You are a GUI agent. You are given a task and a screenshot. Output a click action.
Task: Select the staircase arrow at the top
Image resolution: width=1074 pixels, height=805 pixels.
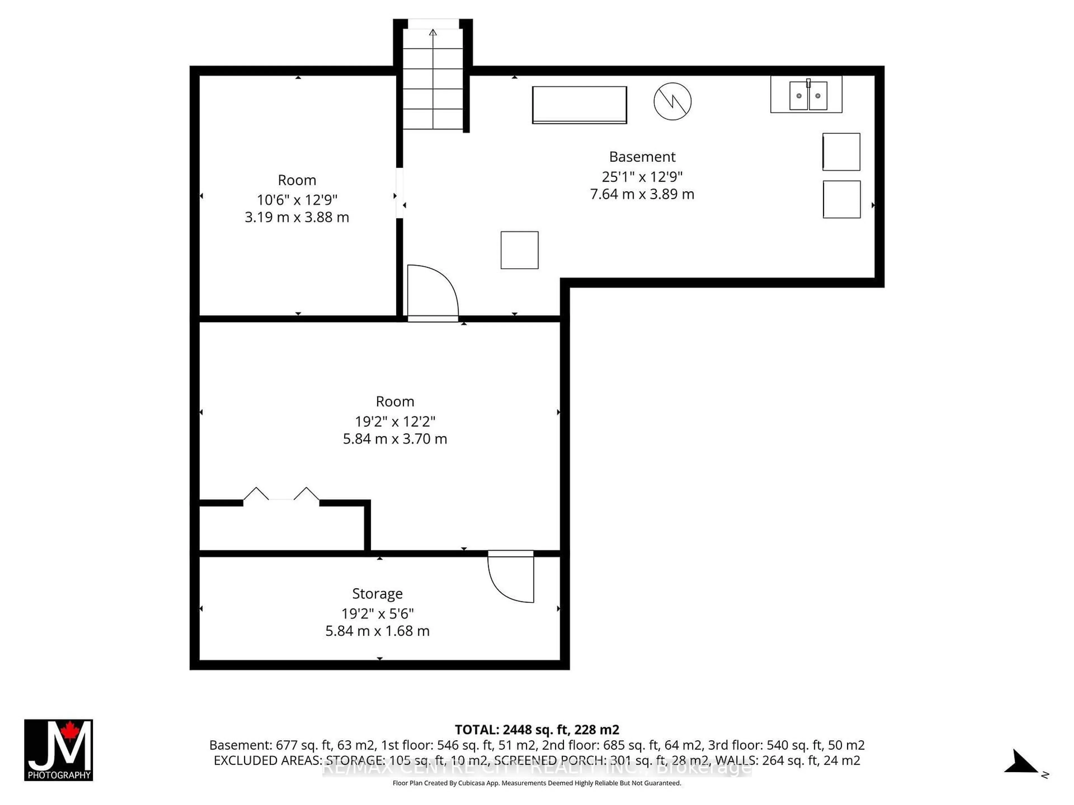click(433, 33)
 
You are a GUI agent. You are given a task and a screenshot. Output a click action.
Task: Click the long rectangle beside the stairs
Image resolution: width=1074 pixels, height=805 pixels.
click(579, 105)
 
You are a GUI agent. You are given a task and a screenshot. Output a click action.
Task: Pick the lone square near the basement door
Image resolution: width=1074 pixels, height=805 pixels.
click(520, 250)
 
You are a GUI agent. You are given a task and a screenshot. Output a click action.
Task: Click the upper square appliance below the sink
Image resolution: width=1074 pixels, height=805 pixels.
click(841, 152)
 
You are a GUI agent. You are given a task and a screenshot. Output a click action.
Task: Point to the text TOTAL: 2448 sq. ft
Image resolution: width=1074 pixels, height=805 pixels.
click(536, 729)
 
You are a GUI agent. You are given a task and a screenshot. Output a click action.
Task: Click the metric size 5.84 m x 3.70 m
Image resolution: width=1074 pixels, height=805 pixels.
click(395, 439)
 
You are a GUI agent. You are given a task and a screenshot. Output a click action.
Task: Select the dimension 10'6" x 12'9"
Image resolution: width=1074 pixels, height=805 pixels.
click(297, 199)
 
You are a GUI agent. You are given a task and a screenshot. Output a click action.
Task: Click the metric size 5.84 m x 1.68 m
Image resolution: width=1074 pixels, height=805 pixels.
click(377, 631)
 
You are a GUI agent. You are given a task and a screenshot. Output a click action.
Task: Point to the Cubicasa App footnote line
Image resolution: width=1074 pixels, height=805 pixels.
click(536, 783)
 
